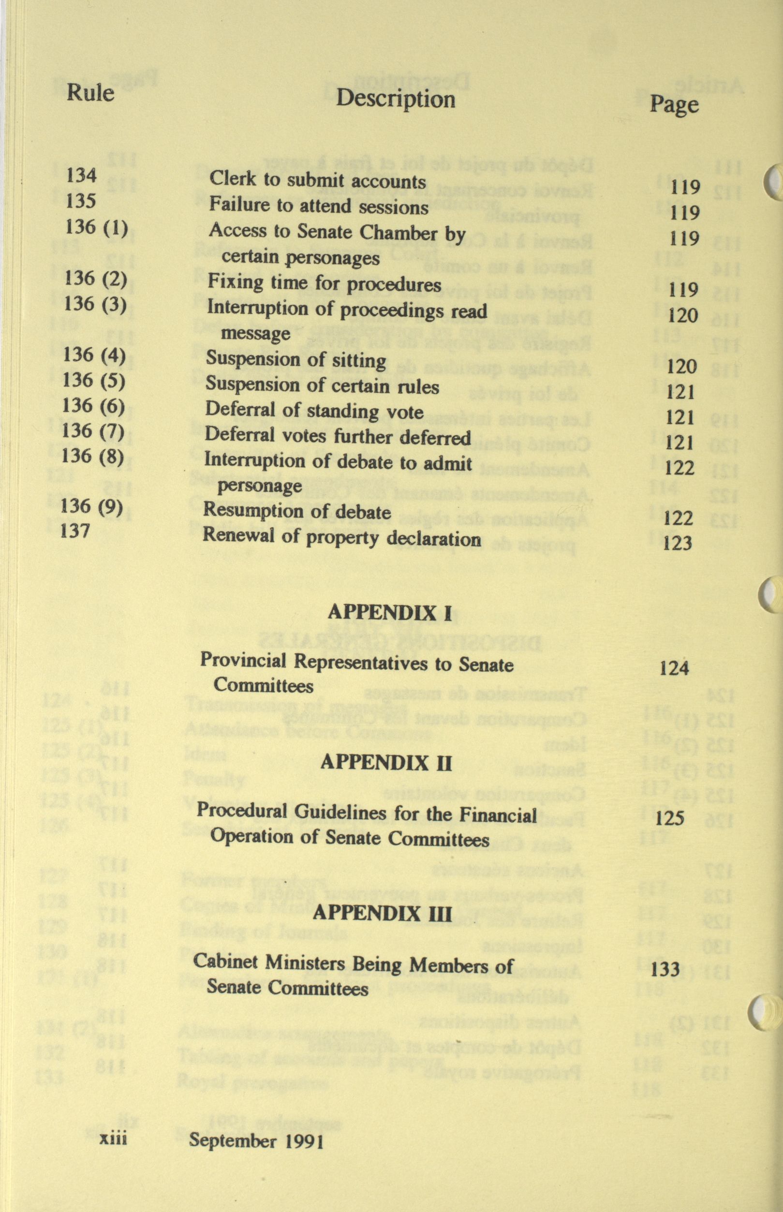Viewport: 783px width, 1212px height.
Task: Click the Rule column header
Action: coord(90,92)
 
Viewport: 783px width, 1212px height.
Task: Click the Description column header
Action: coord(396,99)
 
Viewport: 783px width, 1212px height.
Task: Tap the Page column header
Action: coord(674,106)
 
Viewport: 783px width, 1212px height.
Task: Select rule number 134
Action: coord(81,176)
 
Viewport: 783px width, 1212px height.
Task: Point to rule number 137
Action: coord(75,531)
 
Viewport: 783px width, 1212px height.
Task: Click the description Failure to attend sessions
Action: coord(319,207)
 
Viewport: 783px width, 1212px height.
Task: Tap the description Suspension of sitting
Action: coord(296,359)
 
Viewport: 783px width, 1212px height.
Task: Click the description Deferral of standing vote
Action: coord(314,410)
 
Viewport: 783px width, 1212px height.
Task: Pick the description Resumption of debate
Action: coord(297,511)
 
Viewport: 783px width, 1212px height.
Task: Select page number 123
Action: coord(678,544)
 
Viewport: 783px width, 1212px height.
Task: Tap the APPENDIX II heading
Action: coord(386,764)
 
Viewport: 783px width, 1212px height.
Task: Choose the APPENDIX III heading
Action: coord(383,914)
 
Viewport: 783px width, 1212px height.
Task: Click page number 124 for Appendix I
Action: coord(674,668)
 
